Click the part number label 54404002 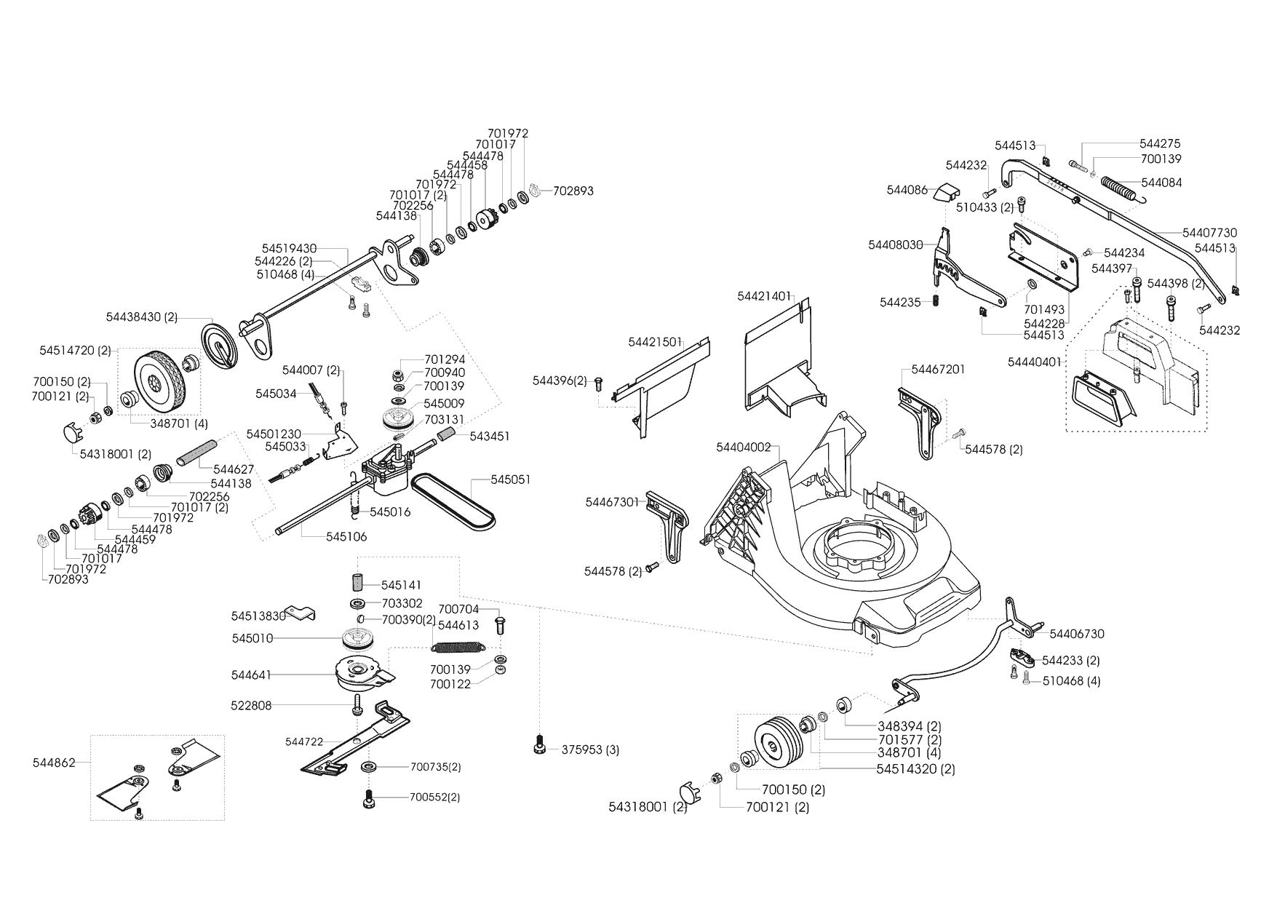(x=743, y=447)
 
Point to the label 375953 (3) (x=590, y=749)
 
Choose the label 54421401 (x=763, y=296)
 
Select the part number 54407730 (x=1209, y=233)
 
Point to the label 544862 (x=54, y=763)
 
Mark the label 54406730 (x=1077, y=634)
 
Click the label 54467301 (x=612, y=502)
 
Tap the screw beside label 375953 (x=541, y=746)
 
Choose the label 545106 (x=346, y=537)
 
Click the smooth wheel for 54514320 (x=779, y=742)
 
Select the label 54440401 (x=1034, y=362)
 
